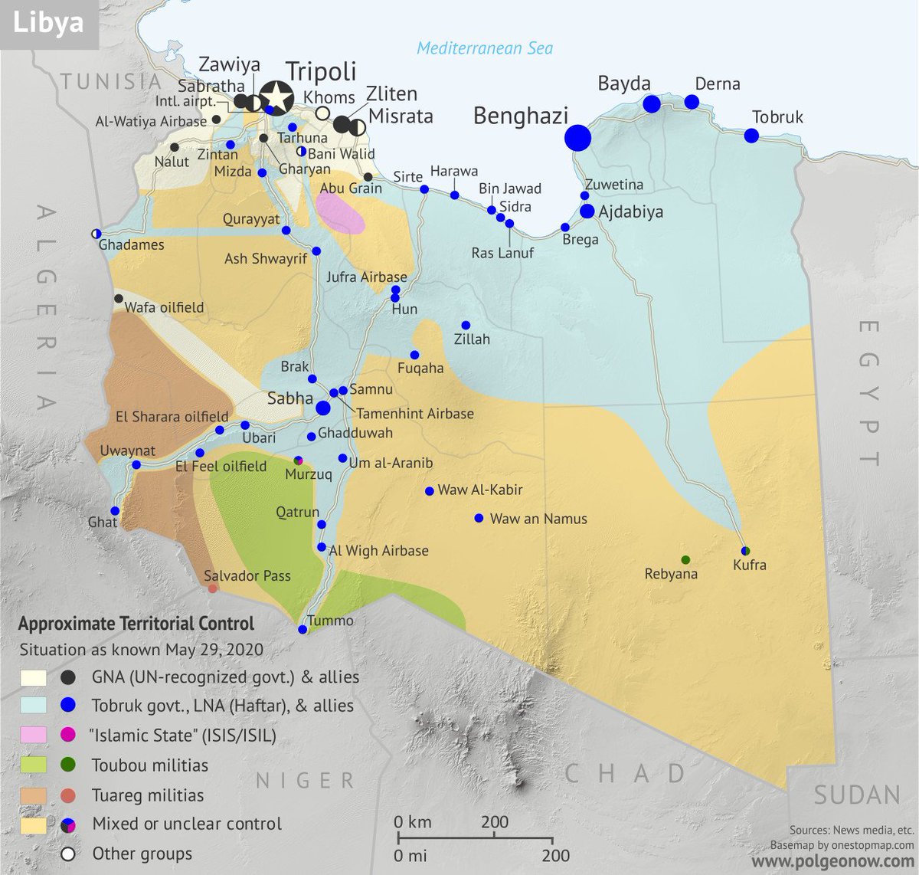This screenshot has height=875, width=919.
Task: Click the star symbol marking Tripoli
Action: [276, 97]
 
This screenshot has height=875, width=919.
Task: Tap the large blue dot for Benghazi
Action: [578, 138]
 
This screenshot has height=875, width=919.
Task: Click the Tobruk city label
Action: [777, 117]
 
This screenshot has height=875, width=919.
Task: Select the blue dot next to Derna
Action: [692, 102]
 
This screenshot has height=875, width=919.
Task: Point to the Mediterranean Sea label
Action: [484, 48]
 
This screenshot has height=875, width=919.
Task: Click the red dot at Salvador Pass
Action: [213, 588]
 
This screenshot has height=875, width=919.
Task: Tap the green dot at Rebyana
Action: [685, 559]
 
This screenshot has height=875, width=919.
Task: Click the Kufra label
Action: [749, 565]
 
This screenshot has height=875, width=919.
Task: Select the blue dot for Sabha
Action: [323, 408]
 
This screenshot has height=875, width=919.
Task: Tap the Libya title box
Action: [48, 23]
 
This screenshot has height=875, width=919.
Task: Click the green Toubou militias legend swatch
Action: [33, 765]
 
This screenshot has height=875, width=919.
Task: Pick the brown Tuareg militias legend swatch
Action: [33, 795]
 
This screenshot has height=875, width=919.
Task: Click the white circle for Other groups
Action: [68, 854]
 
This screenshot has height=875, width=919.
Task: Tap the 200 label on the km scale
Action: [495, 822]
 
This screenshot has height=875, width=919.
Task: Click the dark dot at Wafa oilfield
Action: [119, 299]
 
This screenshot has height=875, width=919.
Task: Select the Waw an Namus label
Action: [538, 519]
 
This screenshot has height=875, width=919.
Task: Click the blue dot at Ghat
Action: [115, 511]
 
